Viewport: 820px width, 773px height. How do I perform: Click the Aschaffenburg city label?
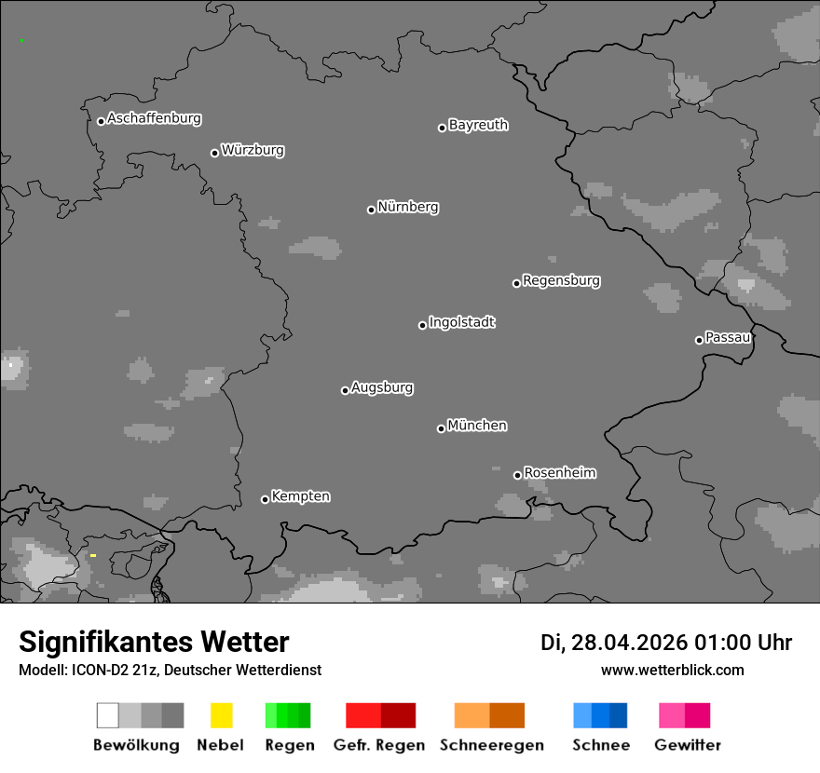tap(154, 119)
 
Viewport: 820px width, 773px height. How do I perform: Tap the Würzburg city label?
tap(253, 151)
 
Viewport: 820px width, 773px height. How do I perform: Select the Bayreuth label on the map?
tap(478, 126)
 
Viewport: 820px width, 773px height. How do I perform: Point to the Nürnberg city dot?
tap(371, 210)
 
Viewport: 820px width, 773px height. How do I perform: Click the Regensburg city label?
tap(561, 281)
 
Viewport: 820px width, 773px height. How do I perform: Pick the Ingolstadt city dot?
tap(422, 325)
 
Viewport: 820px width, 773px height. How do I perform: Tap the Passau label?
tap(728, 338)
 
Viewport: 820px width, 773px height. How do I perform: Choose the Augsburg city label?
tap(382, 388)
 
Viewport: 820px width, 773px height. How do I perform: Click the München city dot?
tap(441, 428)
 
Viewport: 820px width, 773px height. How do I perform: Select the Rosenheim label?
tap(559, 473)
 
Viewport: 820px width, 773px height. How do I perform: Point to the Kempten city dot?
tap(265, 499)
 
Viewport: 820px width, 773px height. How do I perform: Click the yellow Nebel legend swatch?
tap(221, 715)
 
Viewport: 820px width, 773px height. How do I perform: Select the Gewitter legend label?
tap(687, 745)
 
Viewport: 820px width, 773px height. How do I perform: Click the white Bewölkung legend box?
tap(107, 715)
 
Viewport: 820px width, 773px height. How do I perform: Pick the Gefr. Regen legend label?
tap(380, 745)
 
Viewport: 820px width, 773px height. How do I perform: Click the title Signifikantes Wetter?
tap(154, 643)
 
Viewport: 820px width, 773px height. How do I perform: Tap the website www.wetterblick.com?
tap(672, 670)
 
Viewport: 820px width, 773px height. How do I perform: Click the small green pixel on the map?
tap(21, 41)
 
